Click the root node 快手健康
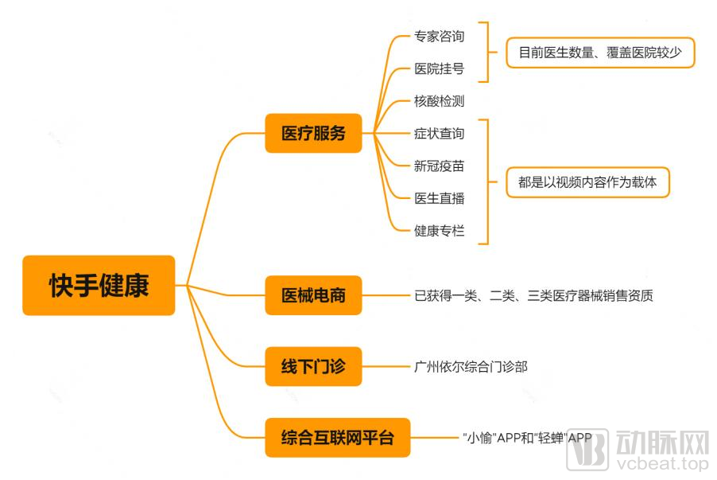click(99, 285)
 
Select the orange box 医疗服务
click(313, 133)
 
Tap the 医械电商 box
click(313, 295)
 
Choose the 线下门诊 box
click(313, 366)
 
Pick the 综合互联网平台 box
click(338, 437)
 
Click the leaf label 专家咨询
click(439, 36)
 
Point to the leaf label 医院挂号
click(439, 68)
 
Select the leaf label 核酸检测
click(439, 101)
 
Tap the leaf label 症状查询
click(439, 134)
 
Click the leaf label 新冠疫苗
click(439, 166)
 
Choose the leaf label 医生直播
click(439, 198)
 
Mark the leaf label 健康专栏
click(439, 231)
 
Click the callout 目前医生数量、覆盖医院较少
click(600, 53)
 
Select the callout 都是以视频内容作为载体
click(587, 182)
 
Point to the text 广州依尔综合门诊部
click(471, 367)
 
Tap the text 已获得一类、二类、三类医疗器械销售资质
click(533, 296)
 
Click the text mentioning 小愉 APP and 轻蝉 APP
click(527, 438)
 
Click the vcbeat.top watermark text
click(662, 463)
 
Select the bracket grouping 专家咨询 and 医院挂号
click(487, 52)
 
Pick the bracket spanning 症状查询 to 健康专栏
click(487, 181)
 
